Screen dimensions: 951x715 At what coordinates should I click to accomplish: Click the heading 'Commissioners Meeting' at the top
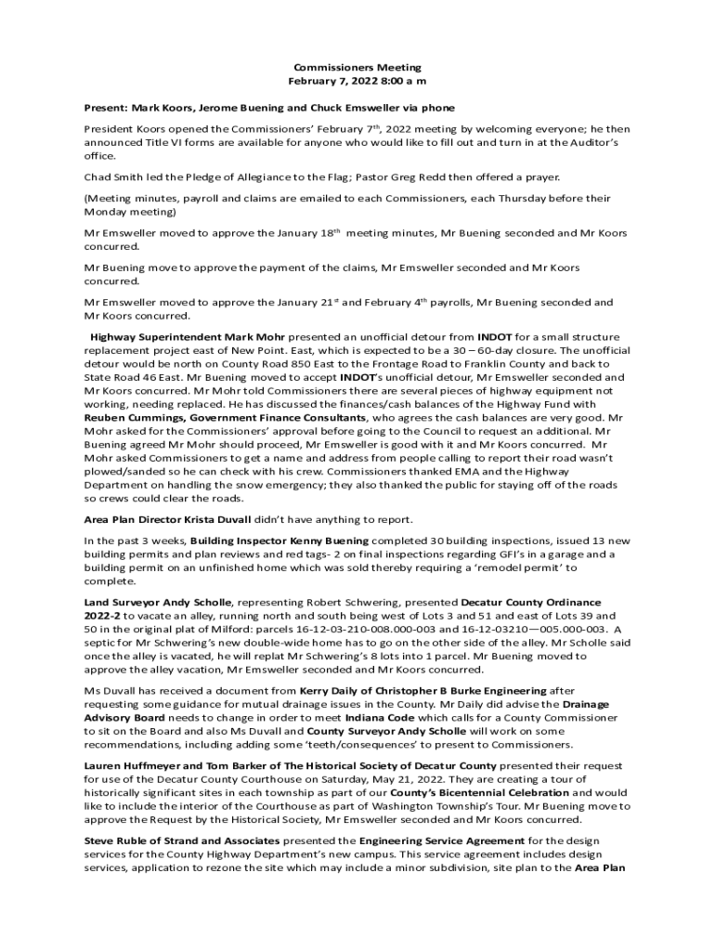(357, 68)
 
